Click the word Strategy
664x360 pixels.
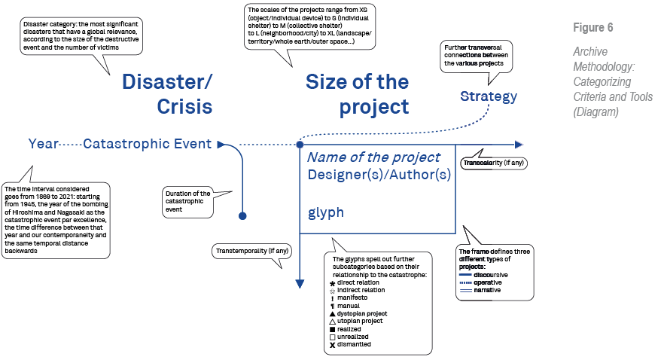pos(489,96)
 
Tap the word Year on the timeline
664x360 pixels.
pos(43,144)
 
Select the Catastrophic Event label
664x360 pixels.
pos(147,144)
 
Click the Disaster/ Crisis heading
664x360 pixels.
pos(167,94)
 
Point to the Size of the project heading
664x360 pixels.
pos(357,94)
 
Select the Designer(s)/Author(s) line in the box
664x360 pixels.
pos(379,175)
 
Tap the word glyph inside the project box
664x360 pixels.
pos(325,212)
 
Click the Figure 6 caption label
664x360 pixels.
pos(592,28)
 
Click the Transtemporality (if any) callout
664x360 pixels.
pos(252,250)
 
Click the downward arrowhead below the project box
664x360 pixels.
pos(300,283)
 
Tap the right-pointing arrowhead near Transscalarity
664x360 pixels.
pos(519,144)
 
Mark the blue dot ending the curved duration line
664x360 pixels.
pos(242,215)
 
